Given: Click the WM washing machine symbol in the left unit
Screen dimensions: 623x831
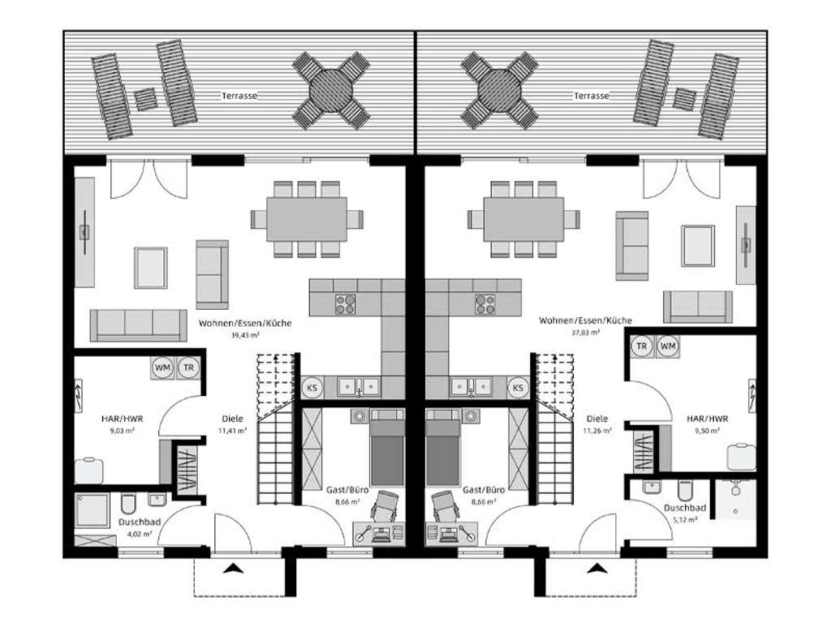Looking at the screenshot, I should pos(162,367).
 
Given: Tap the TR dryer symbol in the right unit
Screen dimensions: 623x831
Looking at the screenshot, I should pos(642,346).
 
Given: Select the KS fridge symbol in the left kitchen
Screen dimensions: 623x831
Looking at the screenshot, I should pos(312,389).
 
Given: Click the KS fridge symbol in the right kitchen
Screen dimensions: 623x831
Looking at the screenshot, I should pos(518,389).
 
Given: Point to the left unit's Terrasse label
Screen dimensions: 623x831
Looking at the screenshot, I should pos(239,96).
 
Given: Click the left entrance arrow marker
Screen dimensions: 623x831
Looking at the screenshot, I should pos(235,568).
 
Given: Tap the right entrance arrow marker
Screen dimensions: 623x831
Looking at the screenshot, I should pos(598,568).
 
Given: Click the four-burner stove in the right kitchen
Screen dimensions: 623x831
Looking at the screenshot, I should pos(485,304).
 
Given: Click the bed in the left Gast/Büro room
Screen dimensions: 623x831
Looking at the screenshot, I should pos(387,449).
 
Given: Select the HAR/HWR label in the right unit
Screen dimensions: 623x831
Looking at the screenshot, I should pos(706,419).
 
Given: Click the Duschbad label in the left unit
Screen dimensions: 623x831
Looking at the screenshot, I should pos(135,522).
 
